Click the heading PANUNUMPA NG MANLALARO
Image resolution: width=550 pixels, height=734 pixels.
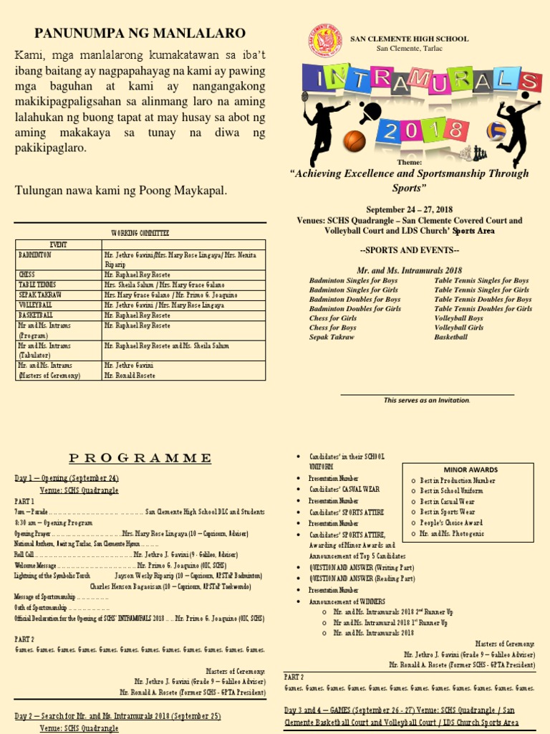(140, 33)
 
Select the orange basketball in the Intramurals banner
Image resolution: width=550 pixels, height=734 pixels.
(354, 141)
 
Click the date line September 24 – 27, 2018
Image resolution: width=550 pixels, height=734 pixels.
(409, 209)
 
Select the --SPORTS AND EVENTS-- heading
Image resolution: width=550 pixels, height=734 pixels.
(409, 250)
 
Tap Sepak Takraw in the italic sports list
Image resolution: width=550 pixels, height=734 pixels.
(332, 336)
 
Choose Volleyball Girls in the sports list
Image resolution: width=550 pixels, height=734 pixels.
(458, 327)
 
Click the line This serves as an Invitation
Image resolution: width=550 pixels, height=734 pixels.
(427, 400)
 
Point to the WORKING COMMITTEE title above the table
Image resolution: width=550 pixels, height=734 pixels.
(140, 233)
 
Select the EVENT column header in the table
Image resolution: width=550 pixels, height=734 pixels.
(58, 244)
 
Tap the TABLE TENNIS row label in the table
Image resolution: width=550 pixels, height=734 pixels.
(37, 285)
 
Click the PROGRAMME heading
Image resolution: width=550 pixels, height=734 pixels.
(140, 458)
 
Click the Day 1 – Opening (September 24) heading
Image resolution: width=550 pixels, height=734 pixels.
(67, 478)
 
